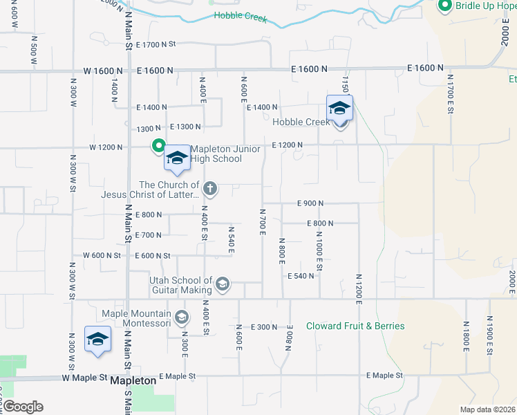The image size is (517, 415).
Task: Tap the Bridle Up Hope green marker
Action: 444,6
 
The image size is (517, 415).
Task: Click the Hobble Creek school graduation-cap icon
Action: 339,108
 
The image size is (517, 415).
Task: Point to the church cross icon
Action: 211,188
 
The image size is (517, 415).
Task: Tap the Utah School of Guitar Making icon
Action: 223,284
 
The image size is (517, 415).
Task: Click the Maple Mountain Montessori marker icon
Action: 181,317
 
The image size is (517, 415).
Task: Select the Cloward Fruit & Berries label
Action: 355,326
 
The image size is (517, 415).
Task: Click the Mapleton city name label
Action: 133,380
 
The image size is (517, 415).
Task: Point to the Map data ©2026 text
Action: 487,409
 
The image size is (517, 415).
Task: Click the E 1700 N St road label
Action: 156,44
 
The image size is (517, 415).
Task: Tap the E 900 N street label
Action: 310,203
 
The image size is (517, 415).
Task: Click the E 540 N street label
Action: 301,276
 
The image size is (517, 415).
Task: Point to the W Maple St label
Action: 85,378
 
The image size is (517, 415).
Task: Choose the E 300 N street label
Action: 263,326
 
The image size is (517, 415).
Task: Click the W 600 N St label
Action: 102,255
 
